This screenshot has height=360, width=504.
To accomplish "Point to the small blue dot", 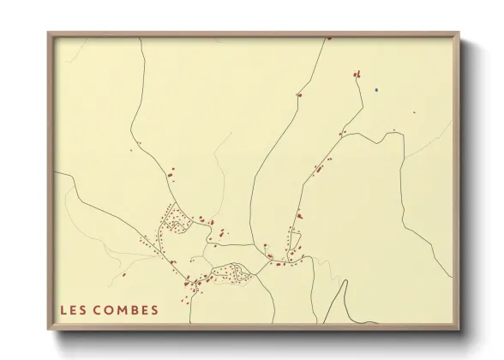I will click(376, 88).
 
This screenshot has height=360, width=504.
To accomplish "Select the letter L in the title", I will click(63, 309).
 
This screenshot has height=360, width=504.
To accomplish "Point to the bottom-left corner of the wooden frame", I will click(48, 330).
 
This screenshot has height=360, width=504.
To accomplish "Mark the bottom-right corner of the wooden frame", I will click(461, 330).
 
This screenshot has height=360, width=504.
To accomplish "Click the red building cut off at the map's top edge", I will click(329, 38).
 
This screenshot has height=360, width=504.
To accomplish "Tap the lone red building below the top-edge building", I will click(299, 94).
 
